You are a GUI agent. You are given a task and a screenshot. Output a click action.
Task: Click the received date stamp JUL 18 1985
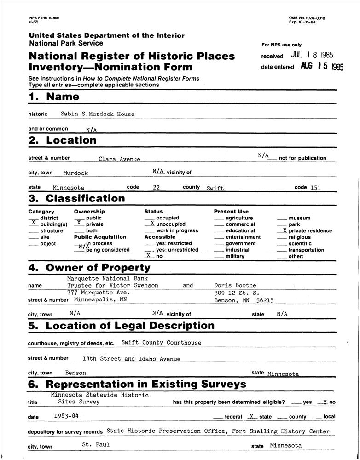(312, 56)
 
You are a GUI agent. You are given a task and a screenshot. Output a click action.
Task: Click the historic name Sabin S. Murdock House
(98, 114)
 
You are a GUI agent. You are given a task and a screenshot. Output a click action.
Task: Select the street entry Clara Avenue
(119, 159)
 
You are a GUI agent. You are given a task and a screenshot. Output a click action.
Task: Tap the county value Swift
(215, 189)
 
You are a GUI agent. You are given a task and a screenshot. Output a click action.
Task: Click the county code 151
(315, 188)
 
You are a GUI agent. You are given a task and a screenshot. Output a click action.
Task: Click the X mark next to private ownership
(79, 223)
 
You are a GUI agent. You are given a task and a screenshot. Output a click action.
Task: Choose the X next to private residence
(285, 230)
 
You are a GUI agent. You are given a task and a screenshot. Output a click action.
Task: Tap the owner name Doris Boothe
(235, 286)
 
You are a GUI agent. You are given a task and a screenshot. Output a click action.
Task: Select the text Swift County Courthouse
(161, 343)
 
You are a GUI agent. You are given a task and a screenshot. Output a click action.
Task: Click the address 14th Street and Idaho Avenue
(131, 359)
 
